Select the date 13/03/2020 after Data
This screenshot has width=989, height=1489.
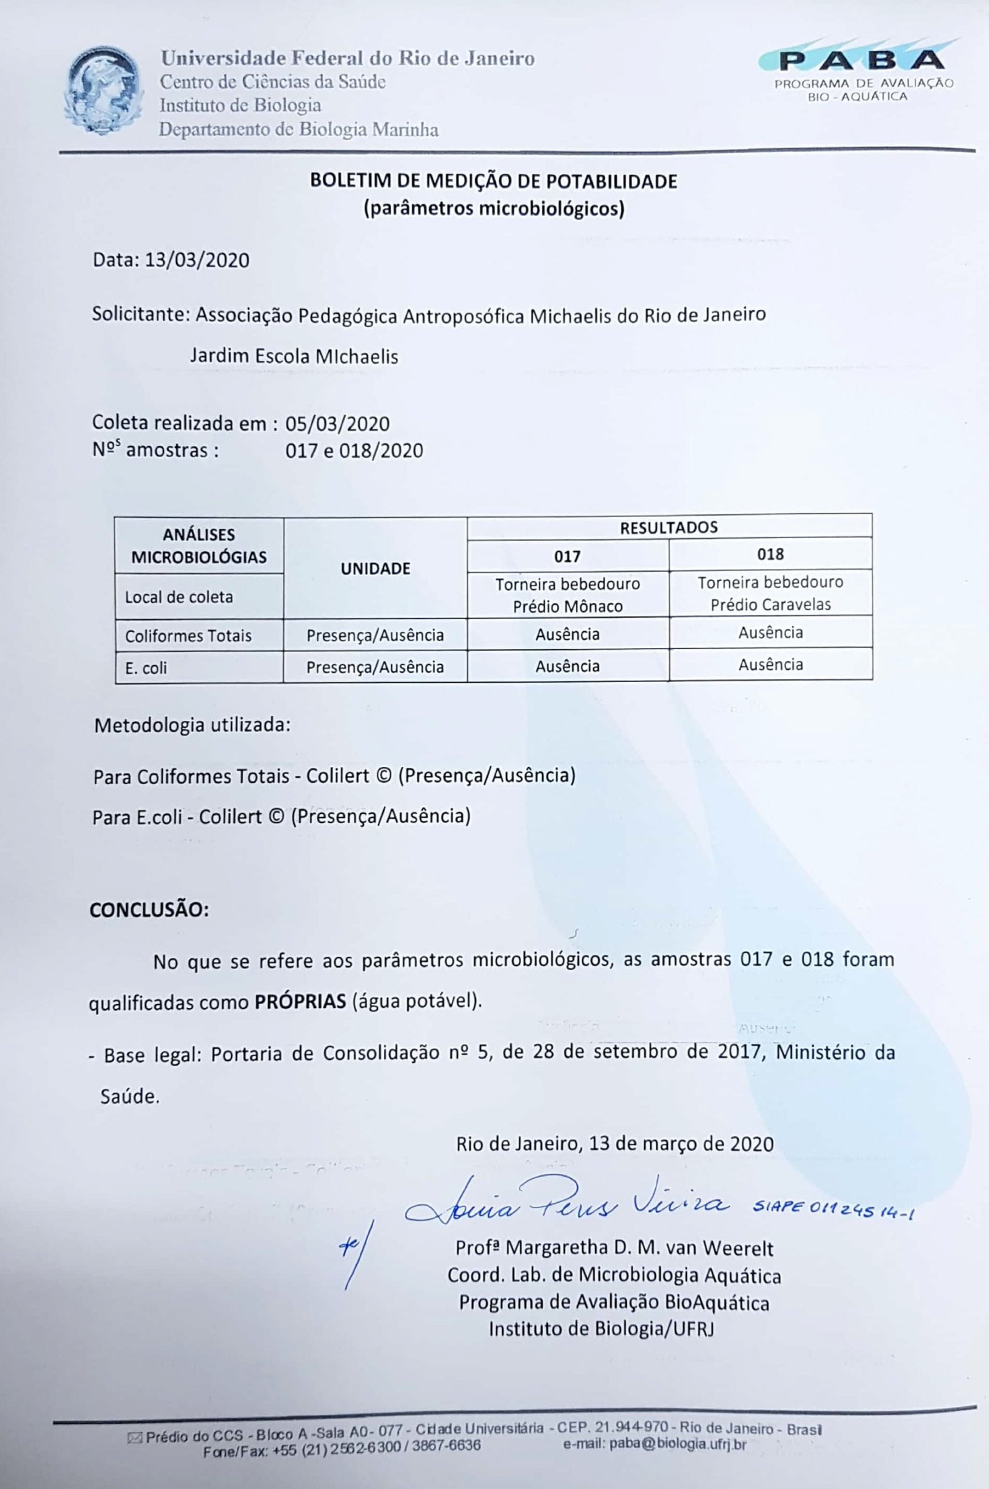coord(197,260)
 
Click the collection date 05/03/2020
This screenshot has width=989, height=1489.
coord(337,424)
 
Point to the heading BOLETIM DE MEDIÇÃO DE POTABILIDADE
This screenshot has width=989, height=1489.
coord(493,182)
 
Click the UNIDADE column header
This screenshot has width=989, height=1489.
coord(375,568)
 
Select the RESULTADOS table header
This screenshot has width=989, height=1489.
coord(669,527)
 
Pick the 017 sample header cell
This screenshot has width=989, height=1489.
coord(567,557)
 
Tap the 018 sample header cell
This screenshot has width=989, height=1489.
coord(770,555)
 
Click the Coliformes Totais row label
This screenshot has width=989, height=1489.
coord(188,636)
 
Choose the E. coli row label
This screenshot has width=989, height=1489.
coord(146,668)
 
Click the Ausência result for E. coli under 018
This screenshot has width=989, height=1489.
coord(770,664)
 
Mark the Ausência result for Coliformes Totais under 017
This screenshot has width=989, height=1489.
coord(567,634)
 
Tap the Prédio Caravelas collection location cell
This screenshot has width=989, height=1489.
coord(770,593)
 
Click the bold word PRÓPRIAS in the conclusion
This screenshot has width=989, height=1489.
coord(300,1001)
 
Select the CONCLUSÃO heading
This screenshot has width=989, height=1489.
coord(149,910)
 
